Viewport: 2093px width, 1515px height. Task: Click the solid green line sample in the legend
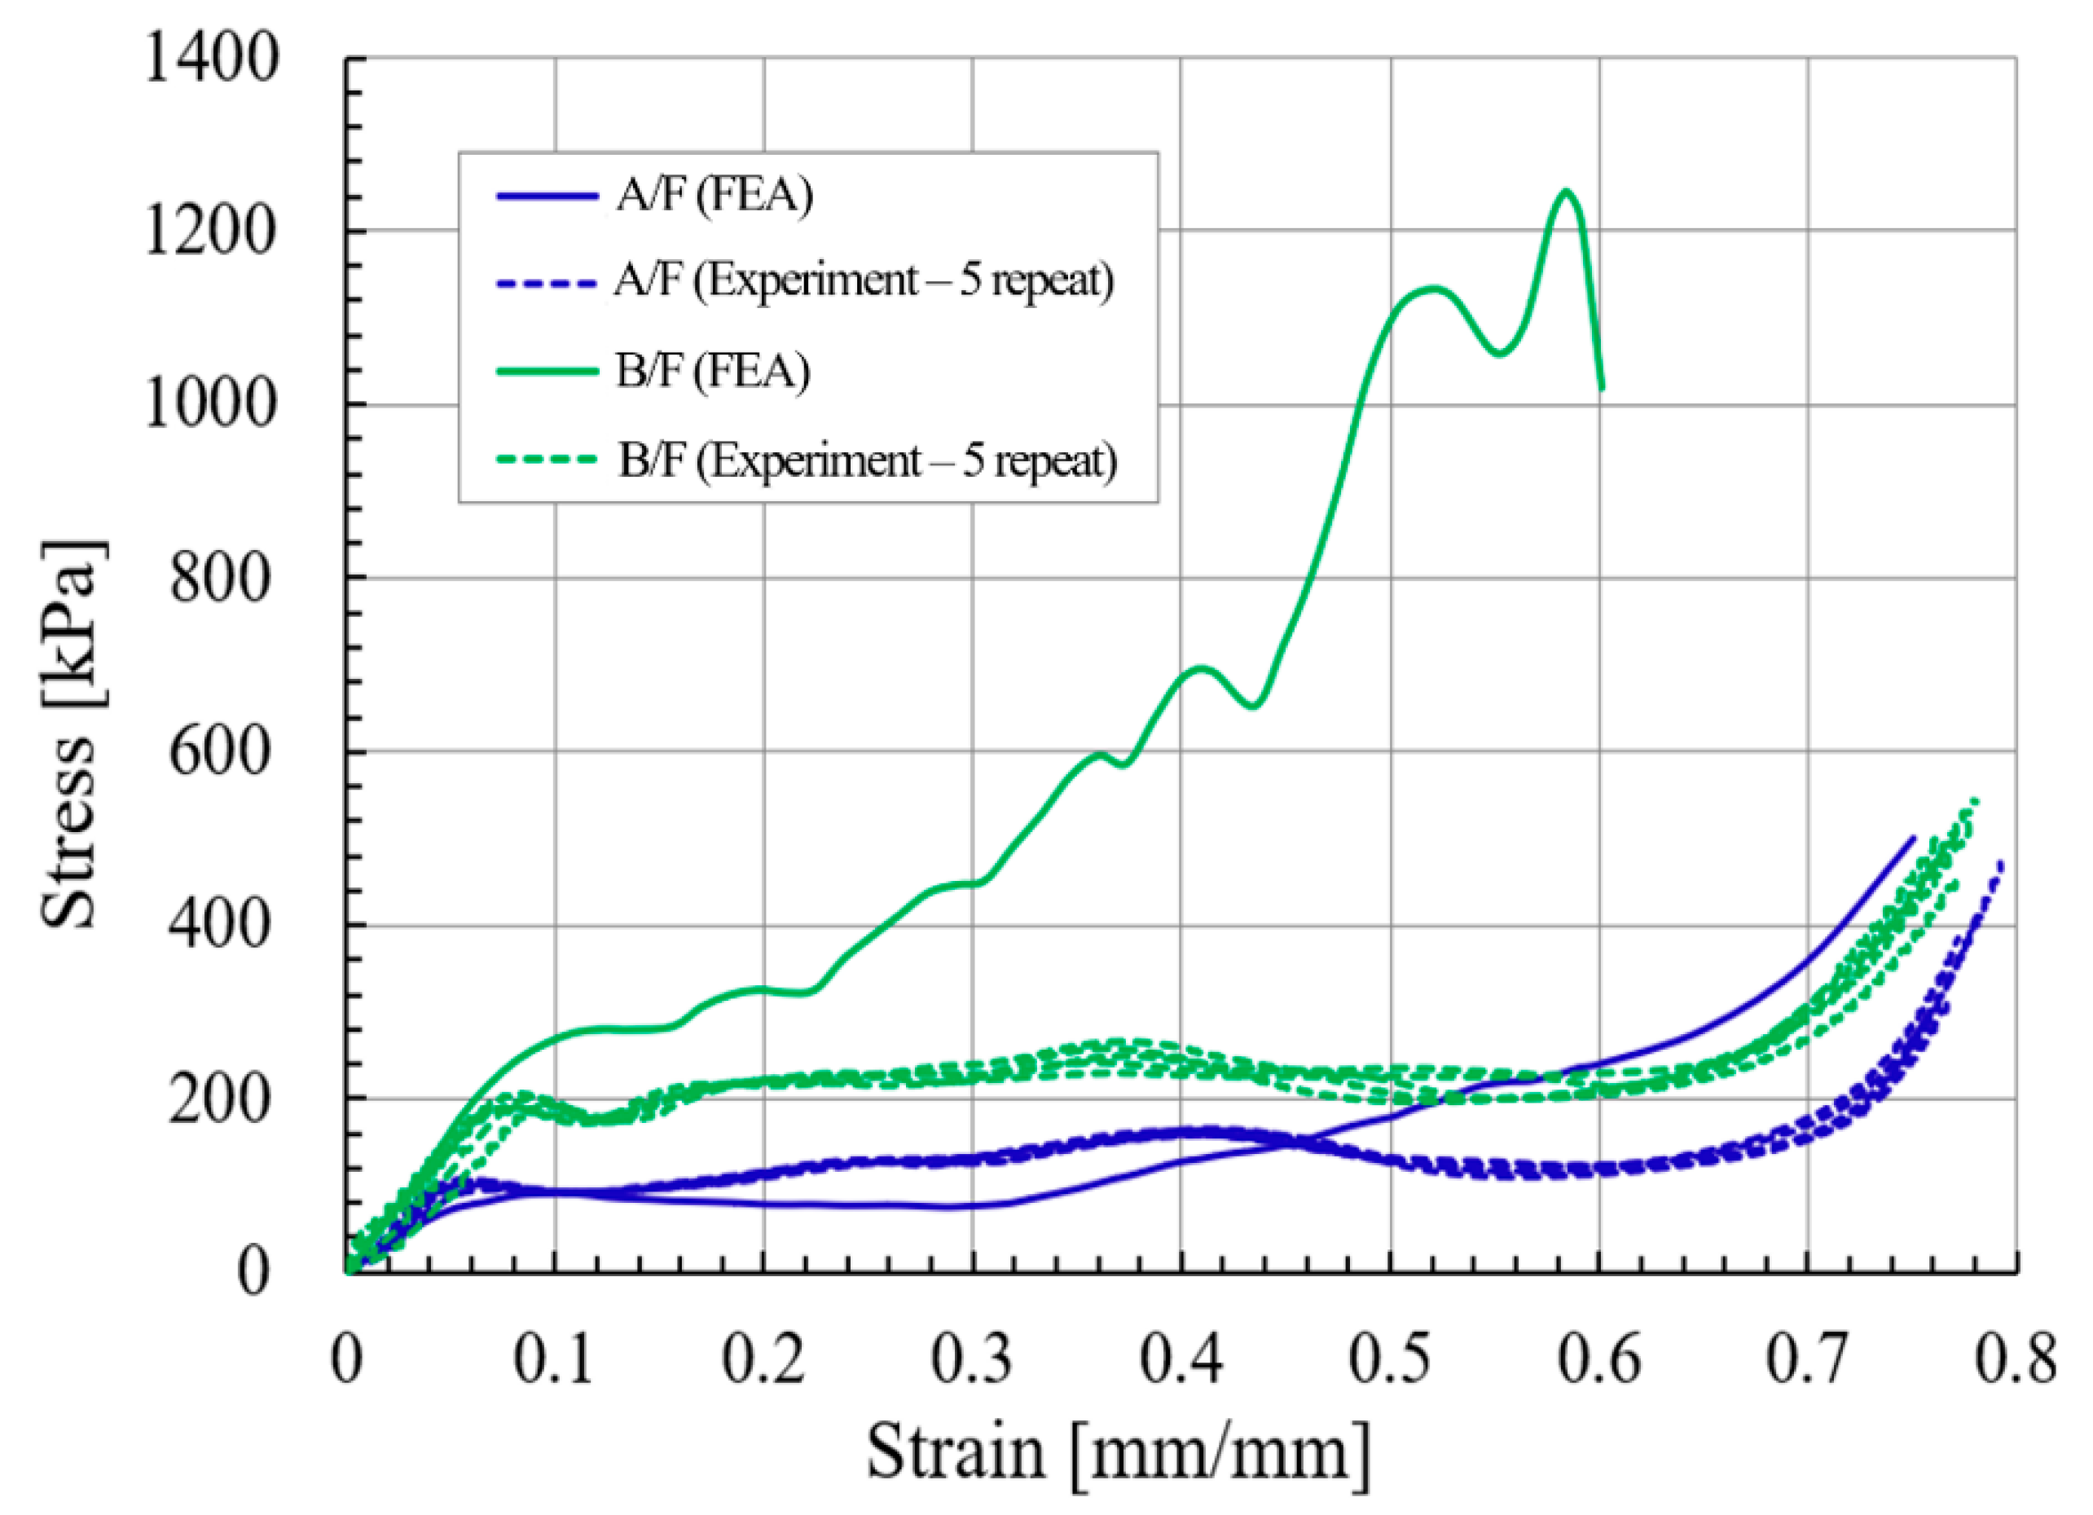(547, 371)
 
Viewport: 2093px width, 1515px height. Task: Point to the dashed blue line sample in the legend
(547, 283)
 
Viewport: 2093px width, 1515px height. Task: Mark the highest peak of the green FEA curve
(1565, 191)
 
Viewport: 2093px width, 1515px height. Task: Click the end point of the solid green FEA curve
(1602, 389)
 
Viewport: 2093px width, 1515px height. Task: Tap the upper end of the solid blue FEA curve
(1913, 839)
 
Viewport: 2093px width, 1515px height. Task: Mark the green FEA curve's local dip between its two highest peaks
(1501, 353)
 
